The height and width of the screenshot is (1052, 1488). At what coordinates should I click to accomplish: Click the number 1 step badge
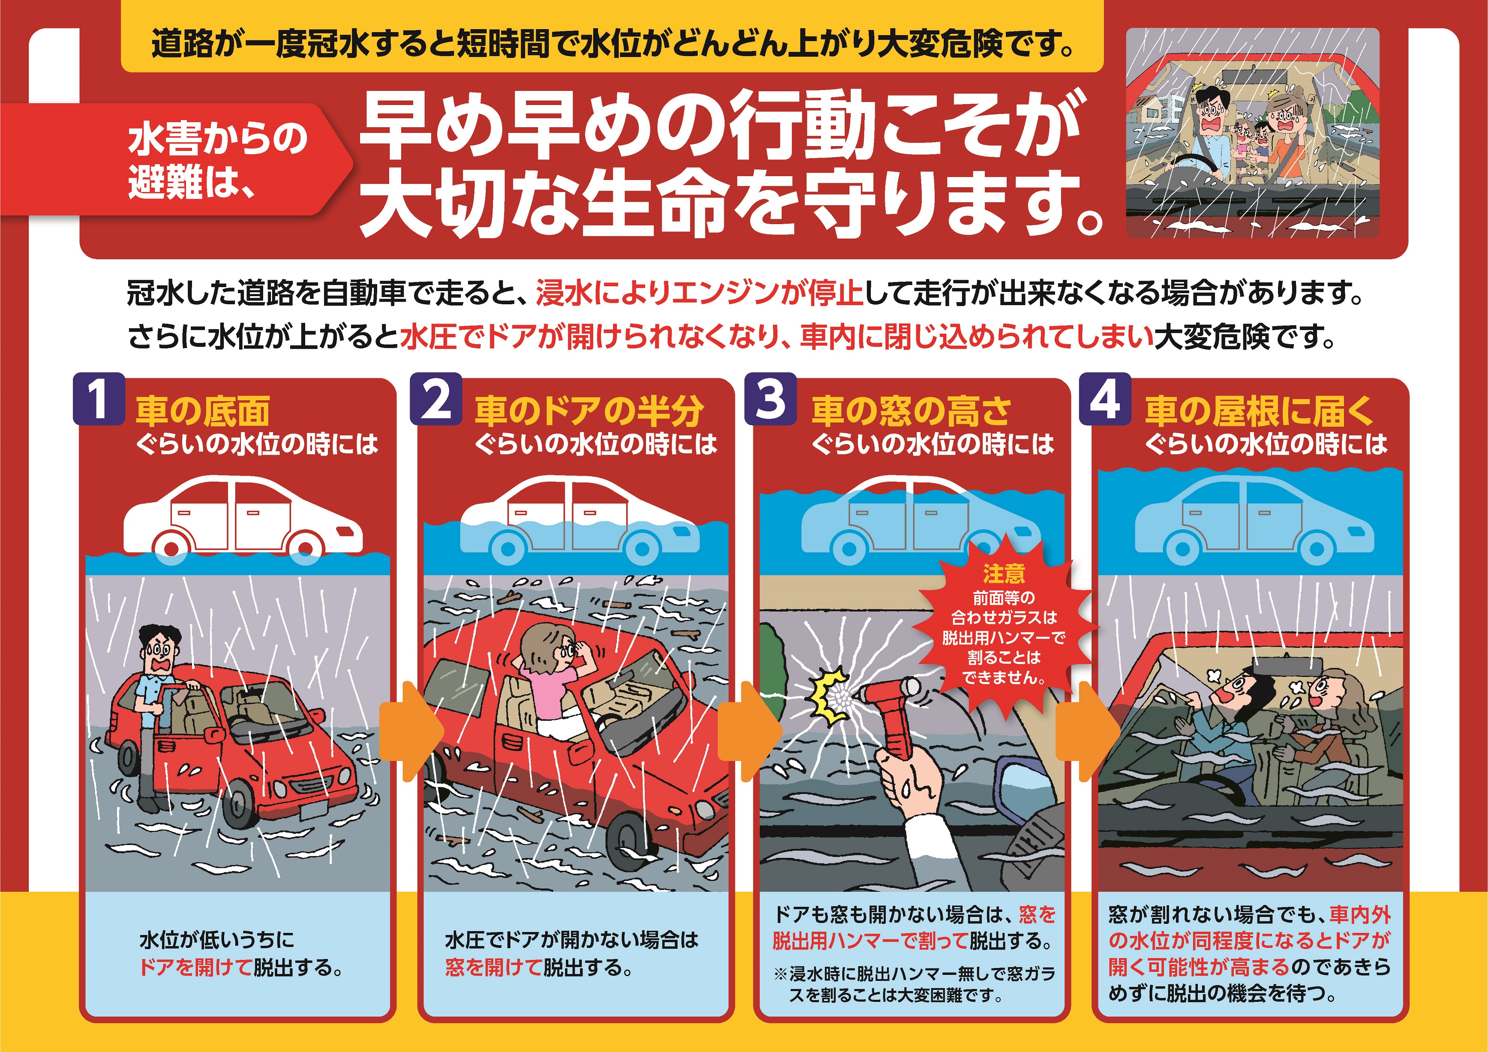99,399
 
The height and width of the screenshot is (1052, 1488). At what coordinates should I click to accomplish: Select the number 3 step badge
771,399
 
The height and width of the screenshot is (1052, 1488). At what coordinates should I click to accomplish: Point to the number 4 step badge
1105,399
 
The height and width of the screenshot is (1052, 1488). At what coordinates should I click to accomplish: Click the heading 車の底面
203,411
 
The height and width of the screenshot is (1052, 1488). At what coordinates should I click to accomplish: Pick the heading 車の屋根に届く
1259,411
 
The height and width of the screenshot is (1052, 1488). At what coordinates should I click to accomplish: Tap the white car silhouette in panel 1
243,517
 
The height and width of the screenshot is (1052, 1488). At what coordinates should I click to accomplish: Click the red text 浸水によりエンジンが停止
699,294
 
